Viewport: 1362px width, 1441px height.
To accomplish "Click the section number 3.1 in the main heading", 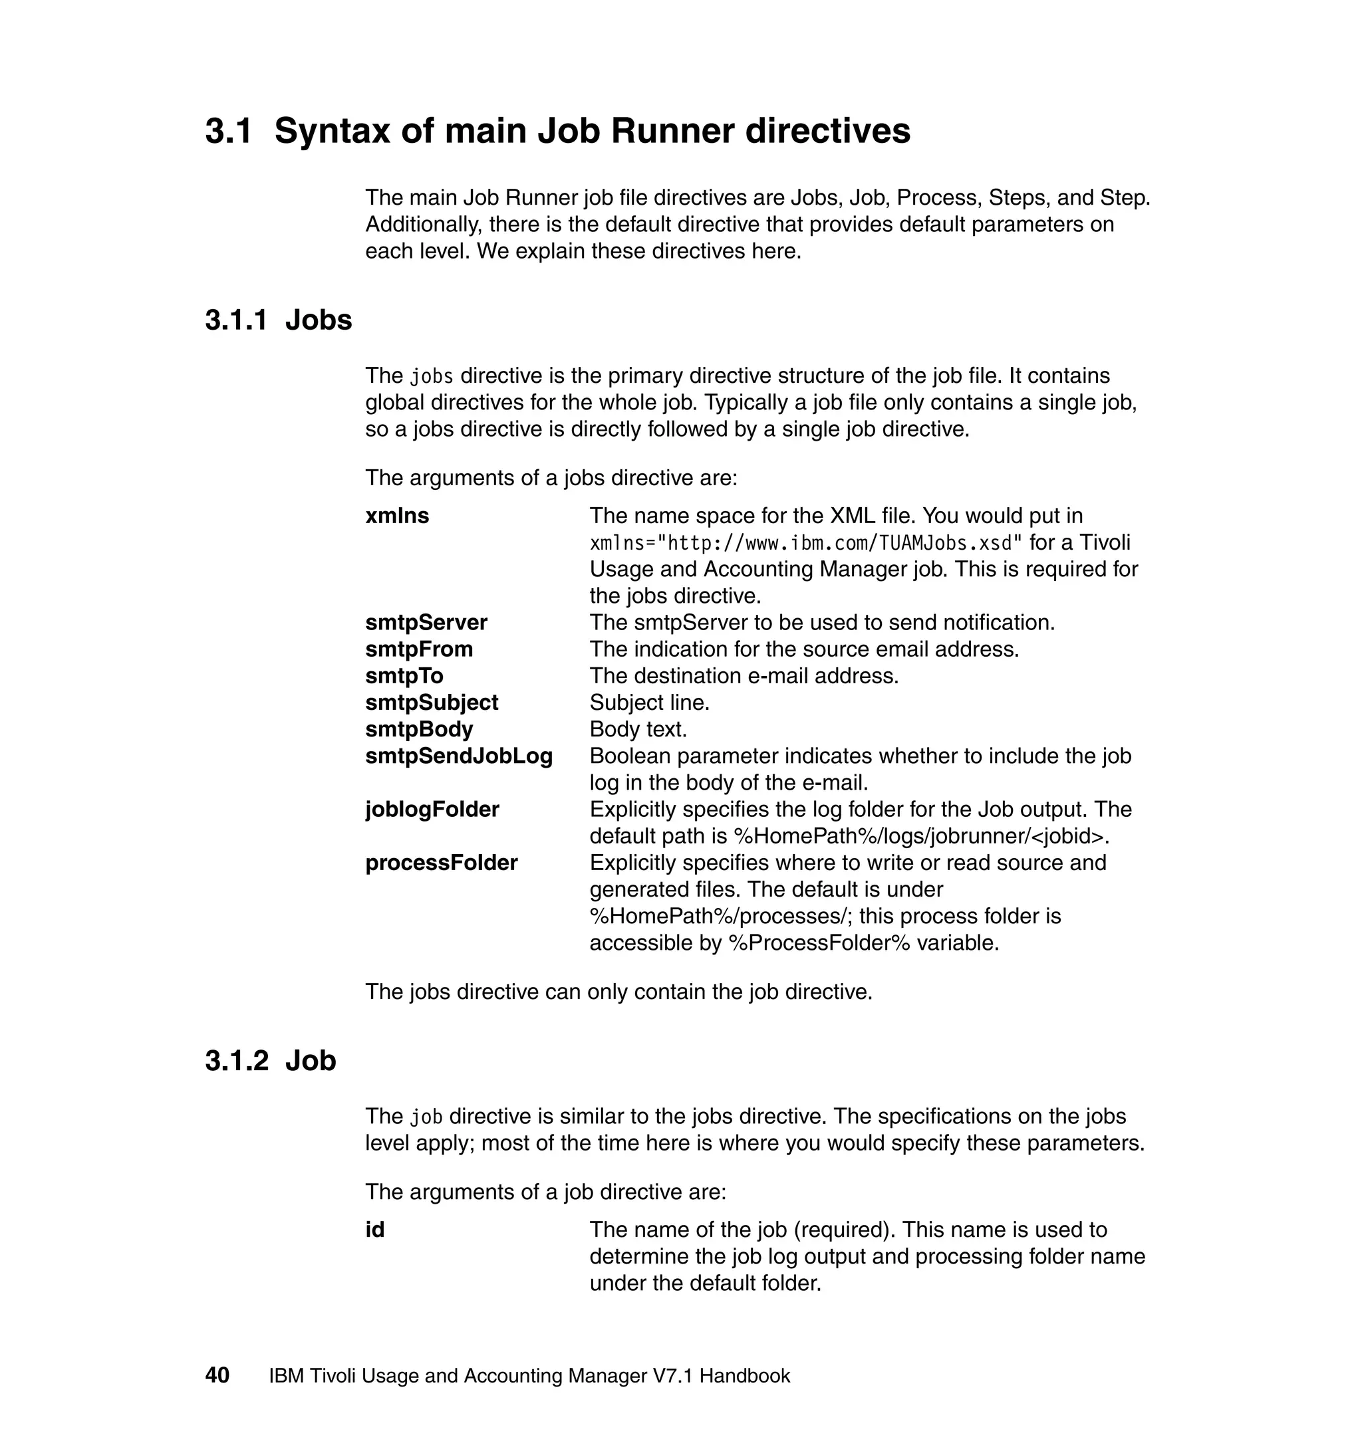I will point(228,132).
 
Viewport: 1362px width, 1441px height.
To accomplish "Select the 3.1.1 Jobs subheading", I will point(278,320).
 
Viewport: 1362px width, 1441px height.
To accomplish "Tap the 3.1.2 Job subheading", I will point(270,1061).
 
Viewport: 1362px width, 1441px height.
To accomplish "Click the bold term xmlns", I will point(397,516).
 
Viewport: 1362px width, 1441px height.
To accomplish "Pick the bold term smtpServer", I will point(426,623).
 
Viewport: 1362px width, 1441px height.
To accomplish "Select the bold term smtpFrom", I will point(419,649).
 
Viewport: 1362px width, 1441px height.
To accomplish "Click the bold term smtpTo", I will point(404,676).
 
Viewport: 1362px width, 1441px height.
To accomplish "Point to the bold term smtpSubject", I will point(431,703).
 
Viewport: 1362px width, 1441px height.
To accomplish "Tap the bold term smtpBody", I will point(419,729).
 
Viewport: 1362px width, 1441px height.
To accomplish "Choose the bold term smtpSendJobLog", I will point(459,756).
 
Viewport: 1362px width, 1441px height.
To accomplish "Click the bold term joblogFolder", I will point(432,809).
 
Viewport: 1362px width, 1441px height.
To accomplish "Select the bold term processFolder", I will point(442,863).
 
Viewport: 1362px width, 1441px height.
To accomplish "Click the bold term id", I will point(374,1230).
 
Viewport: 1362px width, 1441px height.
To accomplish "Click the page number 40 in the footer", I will point(217,1375).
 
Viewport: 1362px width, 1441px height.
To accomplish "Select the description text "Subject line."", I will point(649,703).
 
